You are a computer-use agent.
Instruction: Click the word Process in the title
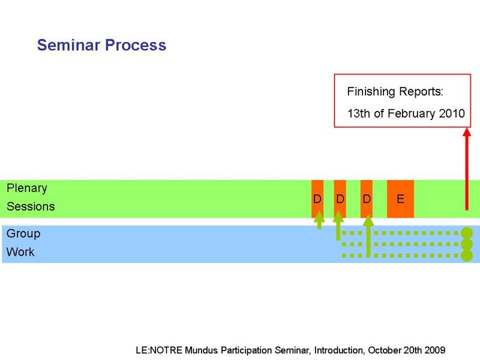click(136, 45)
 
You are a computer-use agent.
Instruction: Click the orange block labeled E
click(400, 199)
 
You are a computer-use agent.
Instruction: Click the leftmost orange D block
click(317, 199)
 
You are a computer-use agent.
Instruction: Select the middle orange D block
click(340, 199)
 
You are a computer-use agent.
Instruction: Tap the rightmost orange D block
click(367, 199)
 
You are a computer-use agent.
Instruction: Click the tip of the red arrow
click(467, 128)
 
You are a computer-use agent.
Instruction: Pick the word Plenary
click(27, 188)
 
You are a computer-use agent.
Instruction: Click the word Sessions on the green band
click(31, 206)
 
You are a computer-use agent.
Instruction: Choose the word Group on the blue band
click(23, 233)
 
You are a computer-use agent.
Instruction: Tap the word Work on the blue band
click(20, 252)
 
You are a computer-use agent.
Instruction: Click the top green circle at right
click(467, 233)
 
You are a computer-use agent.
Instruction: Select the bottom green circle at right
click(467, 256)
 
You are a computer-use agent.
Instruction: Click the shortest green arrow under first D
click(319, 220)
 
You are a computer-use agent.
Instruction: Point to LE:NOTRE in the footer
click(159, 350)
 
